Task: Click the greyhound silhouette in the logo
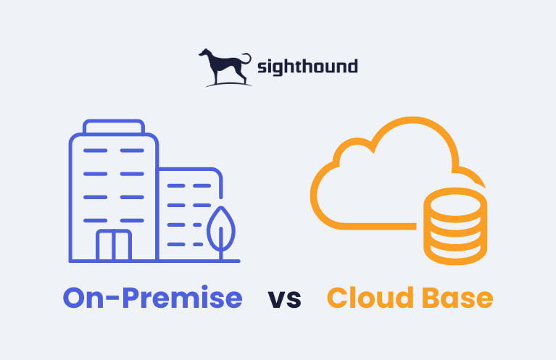223,67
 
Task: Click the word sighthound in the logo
307,67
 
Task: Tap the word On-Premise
152,297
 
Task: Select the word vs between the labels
285,299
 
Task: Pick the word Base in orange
458,298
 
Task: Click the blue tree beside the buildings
221,233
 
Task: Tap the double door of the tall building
114,245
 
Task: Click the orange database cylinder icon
455,227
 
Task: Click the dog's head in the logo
204,53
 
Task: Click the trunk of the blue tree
221,244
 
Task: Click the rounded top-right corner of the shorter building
217,174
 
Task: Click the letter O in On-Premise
75,298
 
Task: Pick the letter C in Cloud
338,298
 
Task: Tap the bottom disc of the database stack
455,254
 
